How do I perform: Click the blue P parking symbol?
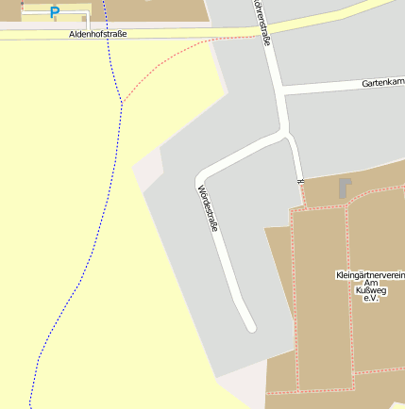[54, 13]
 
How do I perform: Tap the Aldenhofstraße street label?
[98, 34]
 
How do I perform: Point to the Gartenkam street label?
[382, 84]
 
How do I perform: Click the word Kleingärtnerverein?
[370, 275]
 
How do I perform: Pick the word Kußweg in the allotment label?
[370, 290]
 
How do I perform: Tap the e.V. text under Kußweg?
[370, 299]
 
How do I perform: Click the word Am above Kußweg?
[370, 283]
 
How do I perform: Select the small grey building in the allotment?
[345, 188]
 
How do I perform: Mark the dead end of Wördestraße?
[251, 327]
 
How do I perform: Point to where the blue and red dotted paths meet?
[121, 102]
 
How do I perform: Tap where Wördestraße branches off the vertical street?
[285, 133]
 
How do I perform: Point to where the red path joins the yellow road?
[254, 37]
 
